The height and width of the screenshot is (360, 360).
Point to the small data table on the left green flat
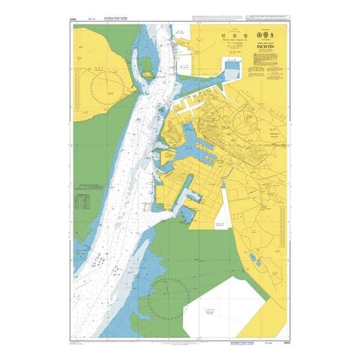(82, 203)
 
